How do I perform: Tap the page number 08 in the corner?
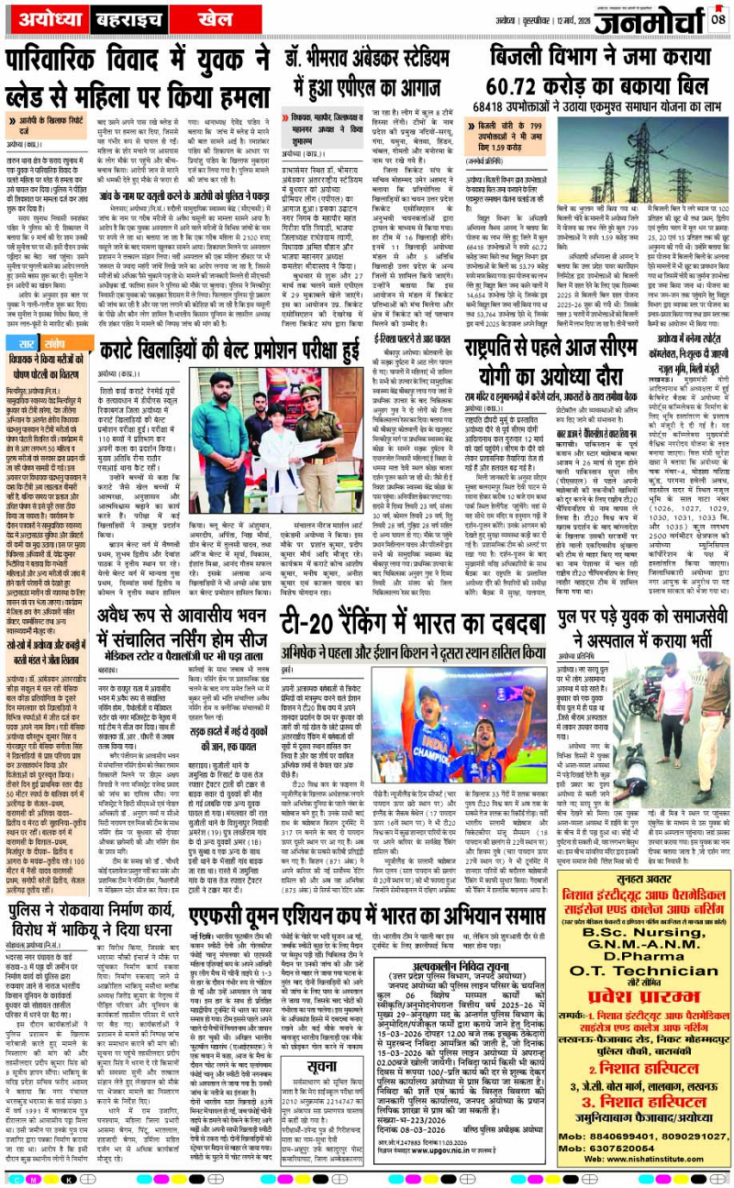pyautogui.click(x=718, y=16)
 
